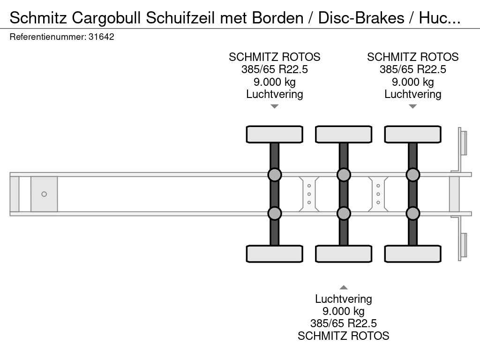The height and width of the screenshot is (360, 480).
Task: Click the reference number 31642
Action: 101,37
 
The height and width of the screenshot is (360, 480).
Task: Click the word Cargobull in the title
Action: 107,18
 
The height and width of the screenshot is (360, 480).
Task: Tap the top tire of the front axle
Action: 275,134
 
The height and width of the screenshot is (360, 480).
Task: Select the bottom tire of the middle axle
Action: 344,254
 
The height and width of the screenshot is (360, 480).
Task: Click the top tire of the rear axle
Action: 412,134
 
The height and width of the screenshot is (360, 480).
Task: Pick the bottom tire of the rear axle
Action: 412,254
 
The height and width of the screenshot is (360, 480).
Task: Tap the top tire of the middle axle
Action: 344,134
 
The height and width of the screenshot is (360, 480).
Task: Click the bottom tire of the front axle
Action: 275,254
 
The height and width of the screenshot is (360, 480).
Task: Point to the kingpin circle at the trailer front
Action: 44,194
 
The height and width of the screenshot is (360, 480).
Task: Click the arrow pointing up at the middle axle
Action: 344,287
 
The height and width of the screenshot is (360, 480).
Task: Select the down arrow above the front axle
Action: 275,106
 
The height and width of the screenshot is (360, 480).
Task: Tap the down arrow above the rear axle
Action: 412,106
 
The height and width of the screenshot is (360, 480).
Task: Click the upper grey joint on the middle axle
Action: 344,175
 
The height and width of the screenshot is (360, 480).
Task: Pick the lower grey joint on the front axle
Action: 275,213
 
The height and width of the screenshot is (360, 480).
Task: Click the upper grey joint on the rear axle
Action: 412,175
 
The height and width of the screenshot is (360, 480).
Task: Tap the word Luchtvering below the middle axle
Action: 344,299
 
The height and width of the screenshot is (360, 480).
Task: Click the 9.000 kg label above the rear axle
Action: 412,82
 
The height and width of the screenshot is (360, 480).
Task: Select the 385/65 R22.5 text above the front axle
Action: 275,69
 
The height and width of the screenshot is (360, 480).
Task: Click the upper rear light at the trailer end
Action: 464,142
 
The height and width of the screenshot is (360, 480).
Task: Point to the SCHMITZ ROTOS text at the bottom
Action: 344,336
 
